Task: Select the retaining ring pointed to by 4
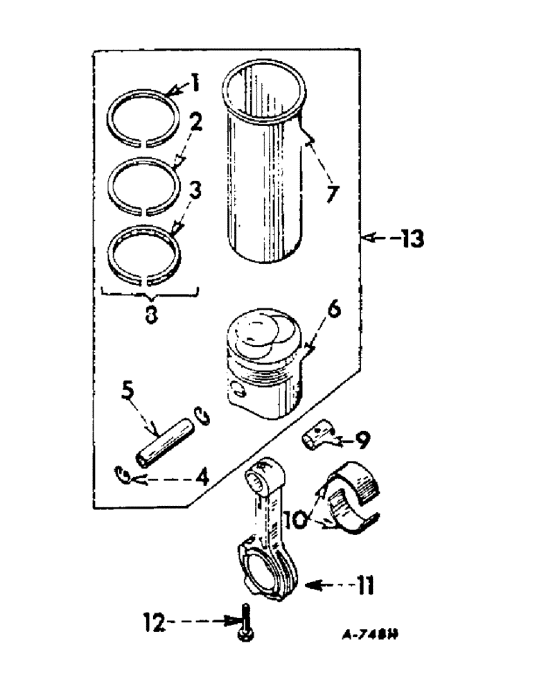[122, 477]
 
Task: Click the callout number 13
[409, 240]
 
